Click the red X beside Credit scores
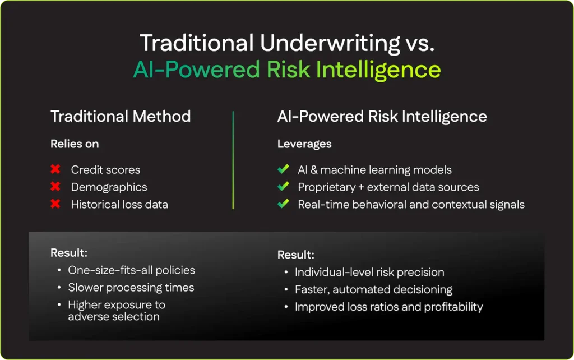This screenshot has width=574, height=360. click(x=55, y=169)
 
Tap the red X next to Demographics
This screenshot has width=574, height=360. click(x=55, y=187)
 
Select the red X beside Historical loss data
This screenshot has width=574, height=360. click(x=55, y=204)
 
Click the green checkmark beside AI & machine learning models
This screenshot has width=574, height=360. click(x=283, y=169)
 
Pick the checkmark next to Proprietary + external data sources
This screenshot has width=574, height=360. click(x=283, y=187)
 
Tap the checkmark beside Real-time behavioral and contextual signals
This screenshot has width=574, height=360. click(x=283, y=204)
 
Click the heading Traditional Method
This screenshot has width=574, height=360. click(x=121, y=117)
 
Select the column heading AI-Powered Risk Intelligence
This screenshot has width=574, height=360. click(x=382, y=117)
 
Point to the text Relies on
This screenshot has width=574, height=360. click(x=75, y=144)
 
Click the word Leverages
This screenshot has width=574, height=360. click(x=304, y=144)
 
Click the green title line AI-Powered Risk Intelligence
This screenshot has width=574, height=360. click(x=286, y=70)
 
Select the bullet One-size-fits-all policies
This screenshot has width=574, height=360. click(x=131, y=270)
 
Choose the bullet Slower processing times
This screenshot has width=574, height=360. click(x=131, y=288)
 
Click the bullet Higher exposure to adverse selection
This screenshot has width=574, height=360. click(x=116, y=311)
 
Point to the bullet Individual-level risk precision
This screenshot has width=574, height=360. click(x=369, y=273)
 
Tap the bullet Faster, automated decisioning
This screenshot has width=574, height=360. click(x=373, y=290)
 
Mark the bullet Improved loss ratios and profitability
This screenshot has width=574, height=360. click(x=388, y=307)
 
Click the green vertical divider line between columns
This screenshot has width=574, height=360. click(x=233, y=160)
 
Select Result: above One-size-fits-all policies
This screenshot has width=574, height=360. click(x=69, y=253)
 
